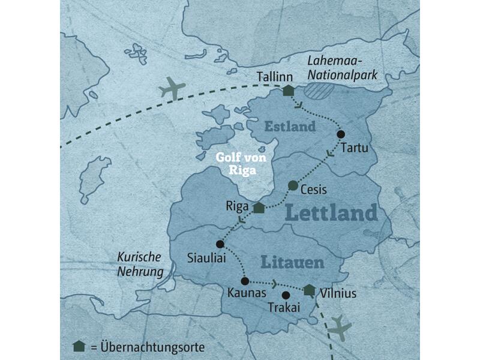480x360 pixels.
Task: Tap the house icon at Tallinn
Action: (289, 91)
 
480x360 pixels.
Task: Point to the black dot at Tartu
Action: (341, 134)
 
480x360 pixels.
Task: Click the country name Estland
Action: (290, 127)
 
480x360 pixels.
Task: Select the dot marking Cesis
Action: (293, 185)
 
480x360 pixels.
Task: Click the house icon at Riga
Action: (258, 208)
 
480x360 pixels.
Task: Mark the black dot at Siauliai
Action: (220, 244)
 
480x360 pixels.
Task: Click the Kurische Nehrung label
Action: (140, 264)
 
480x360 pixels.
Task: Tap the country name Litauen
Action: (292, 262)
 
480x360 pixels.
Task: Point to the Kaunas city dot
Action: (245, 281)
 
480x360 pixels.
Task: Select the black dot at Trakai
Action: (286, 295)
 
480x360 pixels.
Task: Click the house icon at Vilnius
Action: (309, 290)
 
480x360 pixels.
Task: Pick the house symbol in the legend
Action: (77, 347)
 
